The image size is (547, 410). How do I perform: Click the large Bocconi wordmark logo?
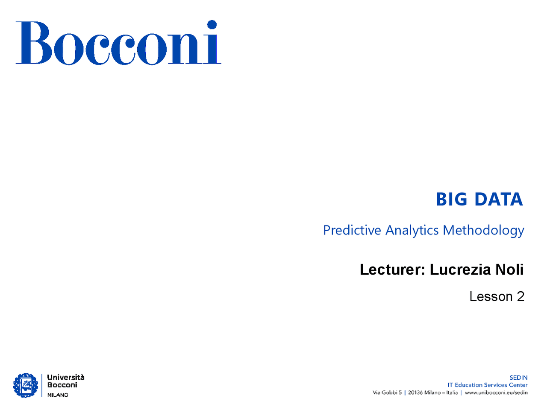pyautogui.click(x=118, y=42)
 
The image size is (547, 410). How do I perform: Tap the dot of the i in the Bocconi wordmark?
pyautogui.click(x=212, y=24)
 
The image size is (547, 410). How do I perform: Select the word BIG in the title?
pyautogui.click(x=451, y=199)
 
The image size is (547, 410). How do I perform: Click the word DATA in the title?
pyautogui.click(x=498, y=199)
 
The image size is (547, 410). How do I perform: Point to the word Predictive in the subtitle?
pyautogui.click(x=352, y=230)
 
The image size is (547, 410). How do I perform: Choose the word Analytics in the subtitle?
pyautogui.click(x=412, y=231)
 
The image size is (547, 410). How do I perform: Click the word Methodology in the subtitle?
pyautogui.click(x=483, y=231)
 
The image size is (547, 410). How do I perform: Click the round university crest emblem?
pyautogui.click(x=26, y=385)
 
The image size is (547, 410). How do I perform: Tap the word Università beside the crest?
pyautogui.click(x=66, y=378)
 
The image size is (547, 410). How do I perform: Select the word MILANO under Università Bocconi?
pyautogui.click(x=58, y=395)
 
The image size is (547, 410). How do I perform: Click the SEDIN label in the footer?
pyautogui.click(x=518, y=378)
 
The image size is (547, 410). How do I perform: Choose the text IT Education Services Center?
pyautogui.click(x=488, y=385)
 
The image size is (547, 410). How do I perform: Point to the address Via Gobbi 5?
pyautogui.click(x=387, y=392)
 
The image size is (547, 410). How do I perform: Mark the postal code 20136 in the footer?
pyautogui.click(x=415, y=392)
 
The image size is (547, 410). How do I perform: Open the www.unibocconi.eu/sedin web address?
pyautogui.click(x=496, y=393)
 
